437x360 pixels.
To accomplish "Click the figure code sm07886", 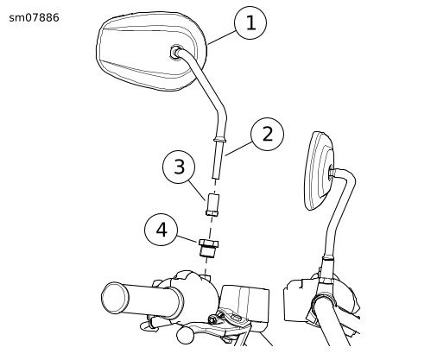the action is [34, 18].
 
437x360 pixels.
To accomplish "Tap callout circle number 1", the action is [250, 22].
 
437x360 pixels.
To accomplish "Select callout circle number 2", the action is [267, 134].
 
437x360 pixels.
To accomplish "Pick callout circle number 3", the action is [179, 167].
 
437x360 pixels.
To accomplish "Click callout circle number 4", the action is [161, 230].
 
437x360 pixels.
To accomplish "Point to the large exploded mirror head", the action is [151, 51].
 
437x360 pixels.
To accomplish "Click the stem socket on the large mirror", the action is [176, 52].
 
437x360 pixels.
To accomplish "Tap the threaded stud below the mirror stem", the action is [218, 160].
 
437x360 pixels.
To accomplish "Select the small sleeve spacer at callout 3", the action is [212, 205].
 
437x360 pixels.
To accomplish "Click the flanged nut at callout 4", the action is [208, 248].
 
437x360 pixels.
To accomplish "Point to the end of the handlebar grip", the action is [114, 298].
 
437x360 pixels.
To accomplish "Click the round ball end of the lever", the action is [186, 335].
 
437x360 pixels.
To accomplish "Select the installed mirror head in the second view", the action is [319, 170].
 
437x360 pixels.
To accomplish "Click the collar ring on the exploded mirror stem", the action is [221, 140].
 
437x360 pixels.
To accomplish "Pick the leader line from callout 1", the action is [221, 38].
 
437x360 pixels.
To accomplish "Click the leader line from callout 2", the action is [239, 148].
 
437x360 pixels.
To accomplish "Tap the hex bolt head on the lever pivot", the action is [212, 319].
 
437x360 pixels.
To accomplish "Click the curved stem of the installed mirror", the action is [339, 213].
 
